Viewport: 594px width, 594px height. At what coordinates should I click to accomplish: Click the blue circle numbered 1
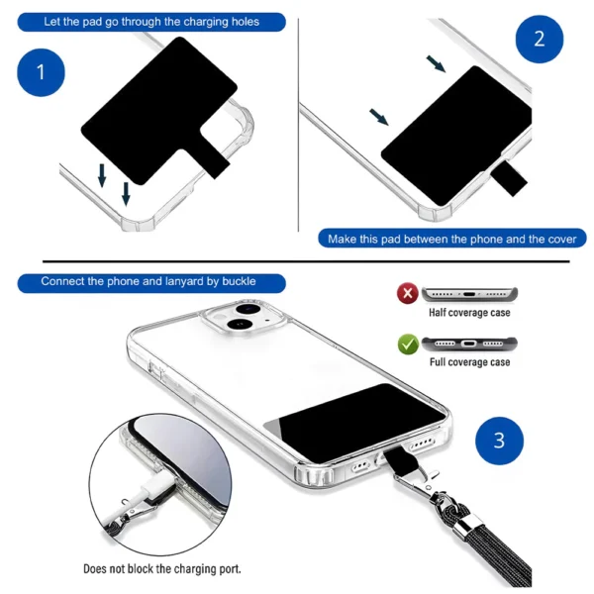coord(42,71)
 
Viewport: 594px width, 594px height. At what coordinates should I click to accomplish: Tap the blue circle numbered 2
coord(540,41)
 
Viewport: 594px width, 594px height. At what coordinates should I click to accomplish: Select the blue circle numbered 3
coord(499,441)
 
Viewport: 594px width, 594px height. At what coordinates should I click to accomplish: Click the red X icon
coord(407,294)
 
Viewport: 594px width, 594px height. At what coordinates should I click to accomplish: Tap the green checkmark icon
coord(407,345)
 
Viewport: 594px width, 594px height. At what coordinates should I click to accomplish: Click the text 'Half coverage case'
coord(469,313)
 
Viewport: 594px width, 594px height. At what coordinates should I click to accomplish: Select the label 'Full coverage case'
coord(469,362)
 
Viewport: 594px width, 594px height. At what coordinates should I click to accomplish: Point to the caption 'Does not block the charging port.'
coord(161,569)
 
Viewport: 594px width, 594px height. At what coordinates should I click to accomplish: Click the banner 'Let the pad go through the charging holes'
coord(151,21)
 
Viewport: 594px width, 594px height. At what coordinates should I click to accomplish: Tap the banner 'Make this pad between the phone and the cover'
coord(452,239)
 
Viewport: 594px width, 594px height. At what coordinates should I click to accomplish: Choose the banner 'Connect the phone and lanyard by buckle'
coord(148,281)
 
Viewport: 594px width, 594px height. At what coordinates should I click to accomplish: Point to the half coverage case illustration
coord(469,294)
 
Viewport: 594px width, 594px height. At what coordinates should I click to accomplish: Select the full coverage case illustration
coord(469,345)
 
